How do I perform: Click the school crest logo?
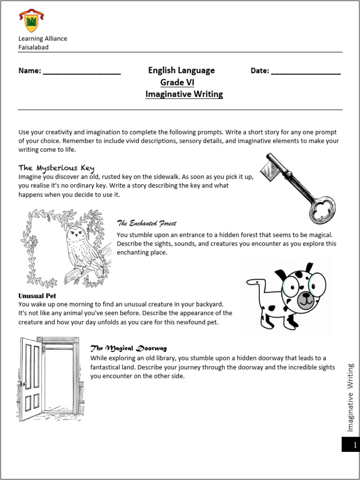[x=31, y=21]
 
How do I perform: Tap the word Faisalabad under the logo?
[x=33, y=47]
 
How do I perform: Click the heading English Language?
[x=181, y=70]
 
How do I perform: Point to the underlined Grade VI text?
[x=177, y=82]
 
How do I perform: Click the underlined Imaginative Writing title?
[x=184, y=94]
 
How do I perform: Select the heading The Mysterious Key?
[x=57, y=167]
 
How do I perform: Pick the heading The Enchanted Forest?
[x=146, y=223]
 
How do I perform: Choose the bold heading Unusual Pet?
[x=37, y=296]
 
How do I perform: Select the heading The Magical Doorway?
[x=128, y=348]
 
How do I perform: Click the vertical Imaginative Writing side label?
[x=350, y=397]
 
